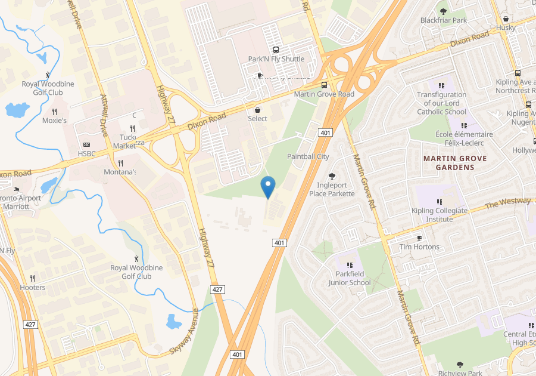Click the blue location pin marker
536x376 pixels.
point(268,187)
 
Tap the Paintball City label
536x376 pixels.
point(308,156)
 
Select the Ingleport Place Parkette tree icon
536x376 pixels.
point(332,175)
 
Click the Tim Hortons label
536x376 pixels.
point(419,246)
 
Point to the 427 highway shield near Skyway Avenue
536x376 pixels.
point(218,289)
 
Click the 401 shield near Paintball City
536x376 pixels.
point(325,132)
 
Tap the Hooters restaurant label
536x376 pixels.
point(33,287)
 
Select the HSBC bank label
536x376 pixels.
point(86,153)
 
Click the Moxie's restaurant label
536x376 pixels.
point(54,121)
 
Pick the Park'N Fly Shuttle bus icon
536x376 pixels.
point(276,50)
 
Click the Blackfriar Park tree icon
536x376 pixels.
point(442,11)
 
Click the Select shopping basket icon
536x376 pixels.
point(258,110)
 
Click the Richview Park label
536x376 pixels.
point(460,373)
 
